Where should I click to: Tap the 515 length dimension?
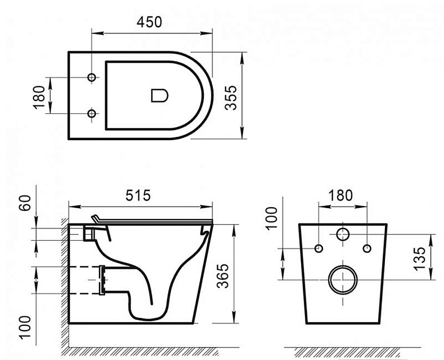(x=138, y=195)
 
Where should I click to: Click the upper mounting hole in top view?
(x=92, y=78)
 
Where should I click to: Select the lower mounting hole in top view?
(x=92, y=114)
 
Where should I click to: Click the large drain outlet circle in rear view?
(x=343, y=280)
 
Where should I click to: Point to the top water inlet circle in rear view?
(x=343, y=233)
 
